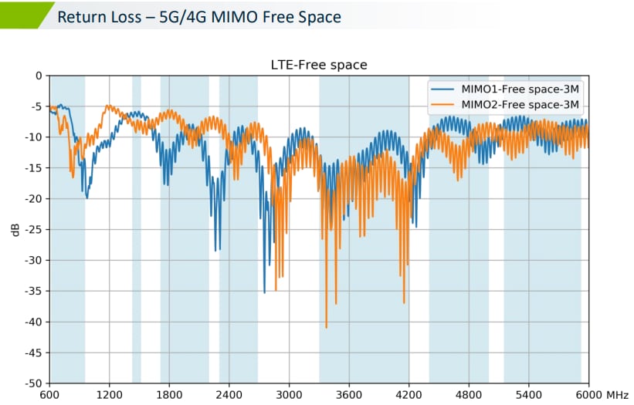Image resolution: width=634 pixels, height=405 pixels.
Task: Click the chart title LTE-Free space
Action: pos(319,66)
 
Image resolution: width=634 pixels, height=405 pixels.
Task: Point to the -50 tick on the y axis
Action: pos(32,383)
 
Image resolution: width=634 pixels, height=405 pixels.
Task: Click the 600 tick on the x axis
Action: pos(49,395)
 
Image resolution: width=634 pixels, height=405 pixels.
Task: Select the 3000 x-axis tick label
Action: pos(289,395)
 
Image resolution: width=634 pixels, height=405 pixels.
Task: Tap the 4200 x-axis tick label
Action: pos(409,395)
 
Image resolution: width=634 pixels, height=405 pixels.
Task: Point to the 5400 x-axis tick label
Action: pos(528,395)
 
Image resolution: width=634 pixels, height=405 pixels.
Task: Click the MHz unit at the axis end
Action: pos(618,395)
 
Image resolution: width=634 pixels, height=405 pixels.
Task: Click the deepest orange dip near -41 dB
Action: pos(327,327)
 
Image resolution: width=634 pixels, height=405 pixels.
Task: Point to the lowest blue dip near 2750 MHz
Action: pos(264,292)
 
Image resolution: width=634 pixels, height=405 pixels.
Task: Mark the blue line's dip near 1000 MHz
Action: pos(86,197)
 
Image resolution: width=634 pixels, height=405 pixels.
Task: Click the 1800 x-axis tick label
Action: pos(169,395)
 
